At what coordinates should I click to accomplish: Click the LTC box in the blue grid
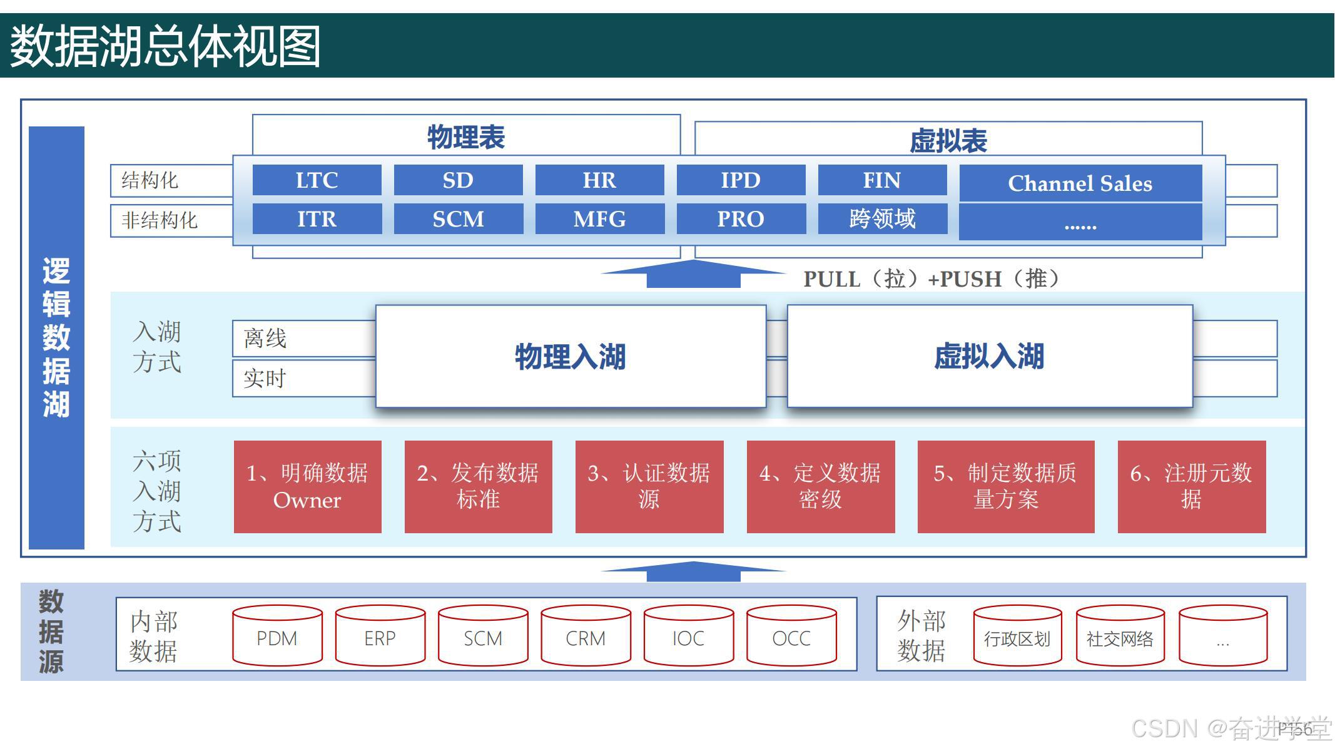pyautogui.click(x=317, y=180)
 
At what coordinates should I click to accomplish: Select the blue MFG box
pyautogui.click(x=599, y=219)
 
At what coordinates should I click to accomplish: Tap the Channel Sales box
pyautogui.click(x=1080, y=183)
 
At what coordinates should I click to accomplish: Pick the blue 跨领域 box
pyautogui.click(x=882, y=219)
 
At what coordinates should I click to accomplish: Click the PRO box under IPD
pyautogui.click(x=741, y=219)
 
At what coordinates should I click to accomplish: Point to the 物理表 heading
pyautogui.click(x=466, y=137)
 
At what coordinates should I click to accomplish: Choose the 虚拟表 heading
pyautogui.click(x=948, y=141)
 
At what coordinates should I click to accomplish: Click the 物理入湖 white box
pyautogui.click(x=571, y=357)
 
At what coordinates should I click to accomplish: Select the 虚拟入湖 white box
pyautogui.click(x=990, y=357)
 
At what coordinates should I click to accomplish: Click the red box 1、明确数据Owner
pyautogui.click(x=307, y=487)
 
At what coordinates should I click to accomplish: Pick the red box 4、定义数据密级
pyautogui.click(x=820, y=487)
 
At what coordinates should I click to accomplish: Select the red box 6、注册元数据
pyautogui.click(x=1191, y=487)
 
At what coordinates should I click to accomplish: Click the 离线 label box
pyautogui.click(x=303, y=339)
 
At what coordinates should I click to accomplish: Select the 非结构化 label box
pyautogui.click(x=171, y=220)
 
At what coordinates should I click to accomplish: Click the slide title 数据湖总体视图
pyautogui.click(x=166, y=46)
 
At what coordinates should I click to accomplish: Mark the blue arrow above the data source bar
pyautogui.click(x=693, y=571)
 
